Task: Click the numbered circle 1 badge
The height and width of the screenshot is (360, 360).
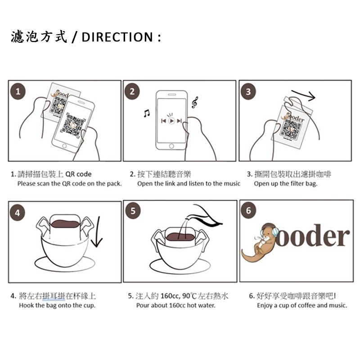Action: coord(18,92)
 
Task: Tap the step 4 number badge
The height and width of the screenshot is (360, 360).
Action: coord(17,213)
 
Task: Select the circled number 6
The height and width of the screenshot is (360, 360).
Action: coord(248,211)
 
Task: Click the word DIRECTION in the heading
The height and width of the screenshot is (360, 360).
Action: coord(117,37)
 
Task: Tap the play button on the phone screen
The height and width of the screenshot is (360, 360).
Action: coord(171,121)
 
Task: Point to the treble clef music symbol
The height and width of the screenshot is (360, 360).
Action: coord(195,103)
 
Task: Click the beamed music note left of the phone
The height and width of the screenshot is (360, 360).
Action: coord(147,113)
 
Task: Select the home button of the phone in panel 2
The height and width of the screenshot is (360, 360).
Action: coord(171,146)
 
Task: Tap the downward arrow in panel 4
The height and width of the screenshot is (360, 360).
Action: coord(97,231)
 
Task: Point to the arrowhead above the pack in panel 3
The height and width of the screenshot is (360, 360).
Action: coord(312,96)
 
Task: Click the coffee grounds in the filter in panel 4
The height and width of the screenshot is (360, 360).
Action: coord(65,224)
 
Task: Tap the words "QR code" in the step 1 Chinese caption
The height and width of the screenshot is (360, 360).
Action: coord(78,174)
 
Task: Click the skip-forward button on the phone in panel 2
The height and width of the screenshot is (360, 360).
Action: coord(180,121)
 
